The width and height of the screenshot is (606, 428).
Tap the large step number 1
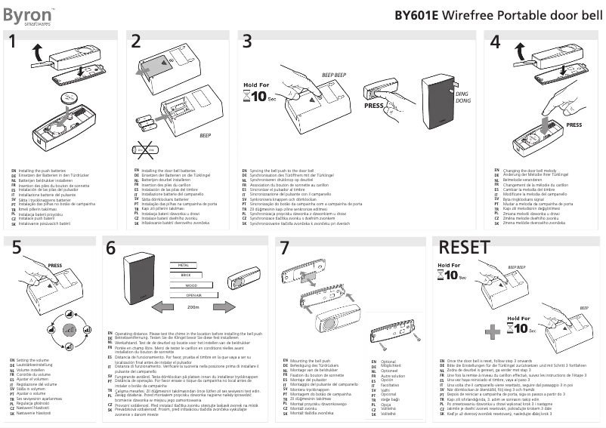(12, 44)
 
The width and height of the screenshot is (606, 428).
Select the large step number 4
(496, 44)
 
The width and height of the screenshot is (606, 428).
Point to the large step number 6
(111, 248)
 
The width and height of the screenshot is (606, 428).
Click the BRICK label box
(186, 276)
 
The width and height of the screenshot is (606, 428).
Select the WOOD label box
(191, 286)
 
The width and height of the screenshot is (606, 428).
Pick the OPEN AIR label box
(193, 296)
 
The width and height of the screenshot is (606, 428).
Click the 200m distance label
(193, 308)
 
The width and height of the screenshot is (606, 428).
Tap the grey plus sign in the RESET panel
(493, 330)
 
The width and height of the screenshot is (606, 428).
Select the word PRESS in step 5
(55, 266)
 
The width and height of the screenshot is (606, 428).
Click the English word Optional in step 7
(389, 362)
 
